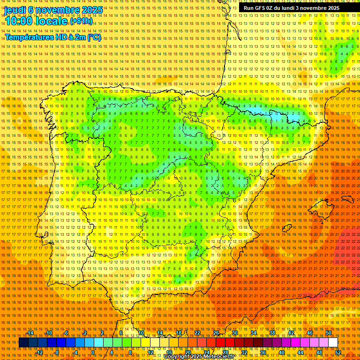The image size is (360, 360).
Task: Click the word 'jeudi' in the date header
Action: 15,9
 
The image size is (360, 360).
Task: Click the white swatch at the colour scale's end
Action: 333,343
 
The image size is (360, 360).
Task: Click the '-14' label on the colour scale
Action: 30,333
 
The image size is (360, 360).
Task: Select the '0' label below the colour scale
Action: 93,352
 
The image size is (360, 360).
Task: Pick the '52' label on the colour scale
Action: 338,352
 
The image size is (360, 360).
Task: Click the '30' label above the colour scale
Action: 234,333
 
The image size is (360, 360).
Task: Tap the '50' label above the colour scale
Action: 328,333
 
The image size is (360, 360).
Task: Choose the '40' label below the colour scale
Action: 281,352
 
